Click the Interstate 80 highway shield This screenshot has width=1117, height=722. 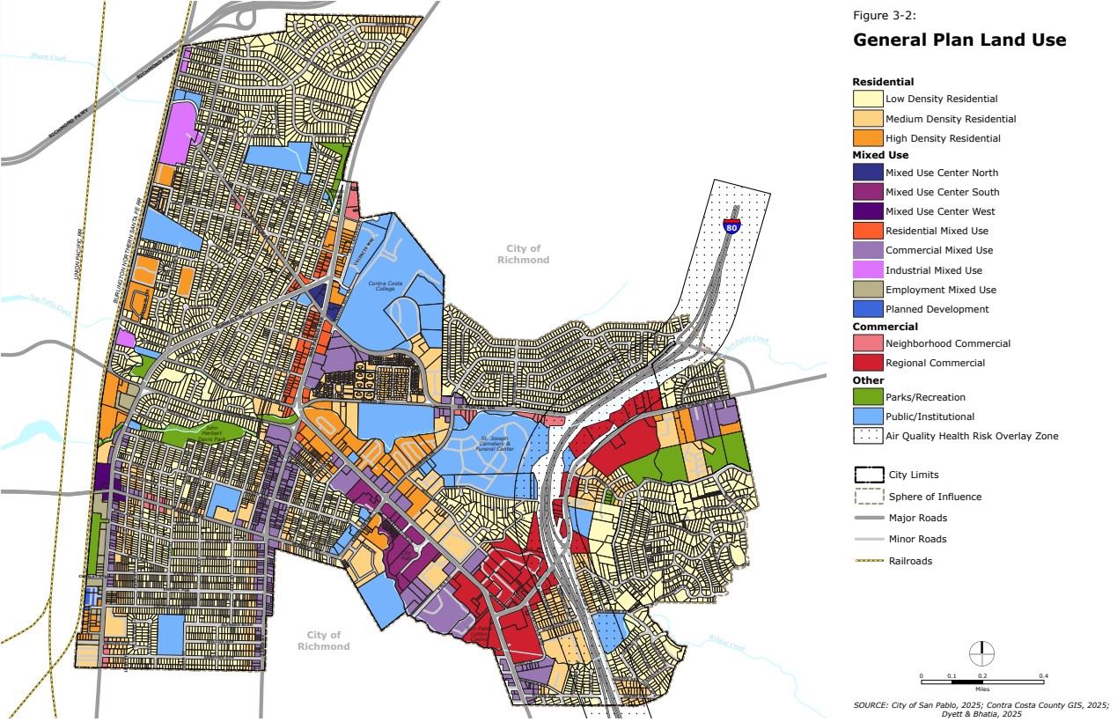click(x=731, y=225)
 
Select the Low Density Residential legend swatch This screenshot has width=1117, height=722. click(x=868, y=99)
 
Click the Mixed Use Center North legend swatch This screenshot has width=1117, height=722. click(x=868, y=173)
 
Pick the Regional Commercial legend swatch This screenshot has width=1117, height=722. click(x=868, y=363)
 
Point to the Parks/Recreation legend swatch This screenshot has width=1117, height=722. click(x=868, y=397)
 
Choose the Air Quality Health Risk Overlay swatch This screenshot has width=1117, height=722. click(x=868, y=435)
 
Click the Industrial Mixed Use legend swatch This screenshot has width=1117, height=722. click(x=868, y=270)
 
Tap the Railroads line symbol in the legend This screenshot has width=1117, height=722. click(x=868, y=561)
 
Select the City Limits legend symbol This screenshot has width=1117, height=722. click(x=868, y=475)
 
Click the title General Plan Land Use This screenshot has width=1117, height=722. click(x=959, y=41)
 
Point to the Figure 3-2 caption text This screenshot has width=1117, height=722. click(x=878, y=15)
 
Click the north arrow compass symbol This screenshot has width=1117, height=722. click(x=982, y=654)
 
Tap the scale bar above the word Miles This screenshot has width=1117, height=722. click(x=982, y=681)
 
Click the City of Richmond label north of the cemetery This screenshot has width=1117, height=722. click(x=523, y=254)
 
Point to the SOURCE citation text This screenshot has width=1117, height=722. click(x=981, y=709)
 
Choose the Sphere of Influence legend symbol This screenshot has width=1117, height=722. click(x=868, y=497)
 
